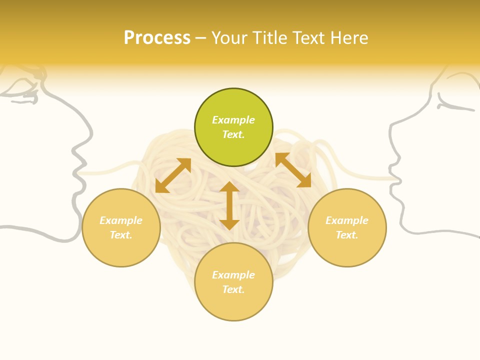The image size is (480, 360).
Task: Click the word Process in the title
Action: pyautogui.click(x=157, y=38)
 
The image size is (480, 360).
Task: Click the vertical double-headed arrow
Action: pyautogui.click(x=229, y=205)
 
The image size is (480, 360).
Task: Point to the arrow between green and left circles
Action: pyautogui.click(x=173, y=175)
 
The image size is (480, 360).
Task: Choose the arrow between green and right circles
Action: pyautogui.click(x=293, y=170)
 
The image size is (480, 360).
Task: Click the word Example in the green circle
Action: pyautogui.click(x=233, y=120)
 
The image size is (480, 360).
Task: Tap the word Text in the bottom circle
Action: pyautogui.click(x=233, y=289)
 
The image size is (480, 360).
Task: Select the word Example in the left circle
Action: pyautogui.click(x=121, y=220)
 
